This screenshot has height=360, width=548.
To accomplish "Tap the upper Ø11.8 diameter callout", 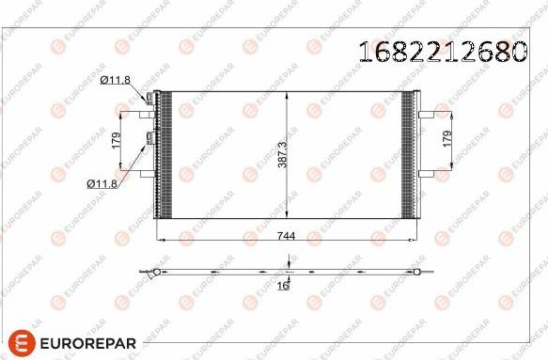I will (115, 82).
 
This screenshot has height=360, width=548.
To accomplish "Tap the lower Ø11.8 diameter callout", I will (102, 183).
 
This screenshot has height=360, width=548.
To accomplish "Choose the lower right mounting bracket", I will (425, 173).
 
